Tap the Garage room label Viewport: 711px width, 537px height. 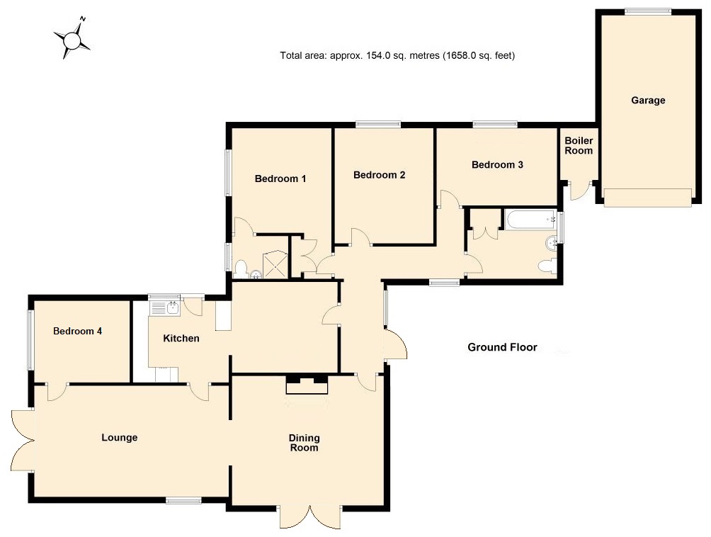pyautogui.click(x=648, y=101)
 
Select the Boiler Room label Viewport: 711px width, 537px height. pyautogui.click(x=579, y=146)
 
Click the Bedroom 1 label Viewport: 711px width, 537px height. pyautogui.click(x=280, y=179)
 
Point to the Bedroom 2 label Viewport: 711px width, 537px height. pyautogui.click(x=379, y=175)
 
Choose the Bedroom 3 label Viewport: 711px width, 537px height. pyautogui.click(x=497, y=165)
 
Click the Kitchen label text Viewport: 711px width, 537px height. pyautogui.click(x=181, y=339)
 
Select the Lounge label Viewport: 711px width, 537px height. pyautogui.click(x=119, y=438)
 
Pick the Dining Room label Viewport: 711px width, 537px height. pyautogui.click(x=303, y=443)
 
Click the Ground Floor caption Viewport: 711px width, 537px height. pyautogui.click(x=502, y=347)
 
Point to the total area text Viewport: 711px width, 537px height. pyautogui.click(x=397, y=55)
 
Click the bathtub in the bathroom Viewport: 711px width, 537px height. pyautogui.click(x=530, y=220)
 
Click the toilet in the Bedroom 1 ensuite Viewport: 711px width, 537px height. pyautogui.click(x=242, y=268)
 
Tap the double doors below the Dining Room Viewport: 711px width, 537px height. pyautogui.click(x=309, y=516)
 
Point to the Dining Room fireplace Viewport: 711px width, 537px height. pyautogui.click(x=307, y=385)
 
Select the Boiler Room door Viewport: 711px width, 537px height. pyautogui.click(x=580, y=191)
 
